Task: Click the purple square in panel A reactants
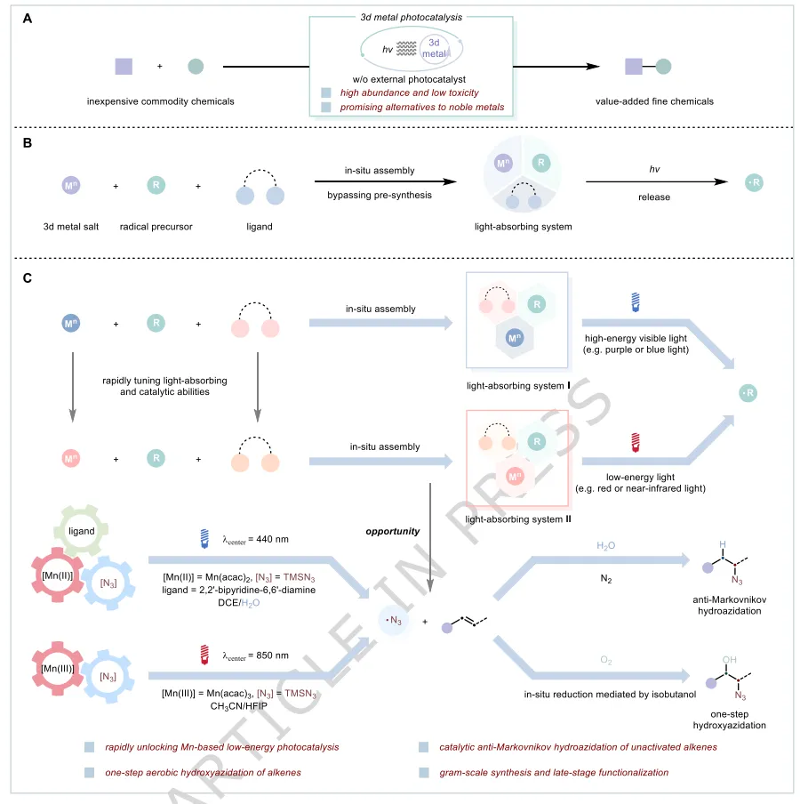click(x=124, y=66)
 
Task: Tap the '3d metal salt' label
click(x=70, y=226)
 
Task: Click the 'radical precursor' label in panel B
click(x=156, y=226)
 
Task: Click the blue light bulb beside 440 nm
click(x=204, y=537)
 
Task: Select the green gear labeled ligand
click(x=87, y=530)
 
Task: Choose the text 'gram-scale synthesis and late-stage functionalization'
click(x=554, y=772)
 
